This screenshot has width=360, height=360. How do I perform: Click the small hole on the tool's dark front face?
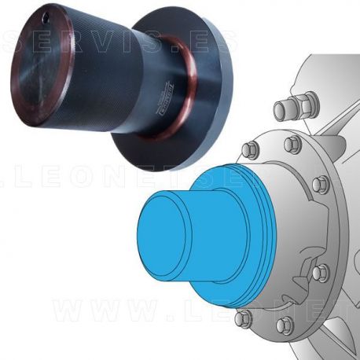pyautogui.click(x=51, y=14)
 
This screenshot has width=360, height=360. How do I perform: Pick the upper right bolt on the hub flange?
pyautogui.click(x=319, y=186)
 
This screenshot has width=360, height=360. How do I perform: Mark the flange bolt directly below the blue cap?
pyautogui.click(x=244, y=318)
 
